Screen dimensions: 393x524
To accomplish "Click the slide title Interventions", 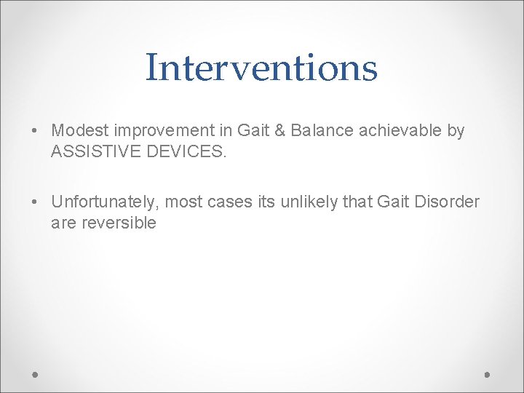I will click(261, 68).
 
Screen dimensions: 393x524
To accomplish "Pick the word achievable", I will click(397, 131).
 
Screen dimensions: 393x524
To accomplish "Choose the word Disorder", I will click(445, 202).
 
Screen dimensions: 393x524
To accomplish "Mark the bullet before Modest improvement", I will click(36, 132).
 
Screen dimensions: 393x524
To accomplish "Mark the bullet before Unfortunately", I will click(36, 202).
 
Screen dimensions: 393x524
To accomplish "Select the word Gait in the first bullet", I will click(253, 131).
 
